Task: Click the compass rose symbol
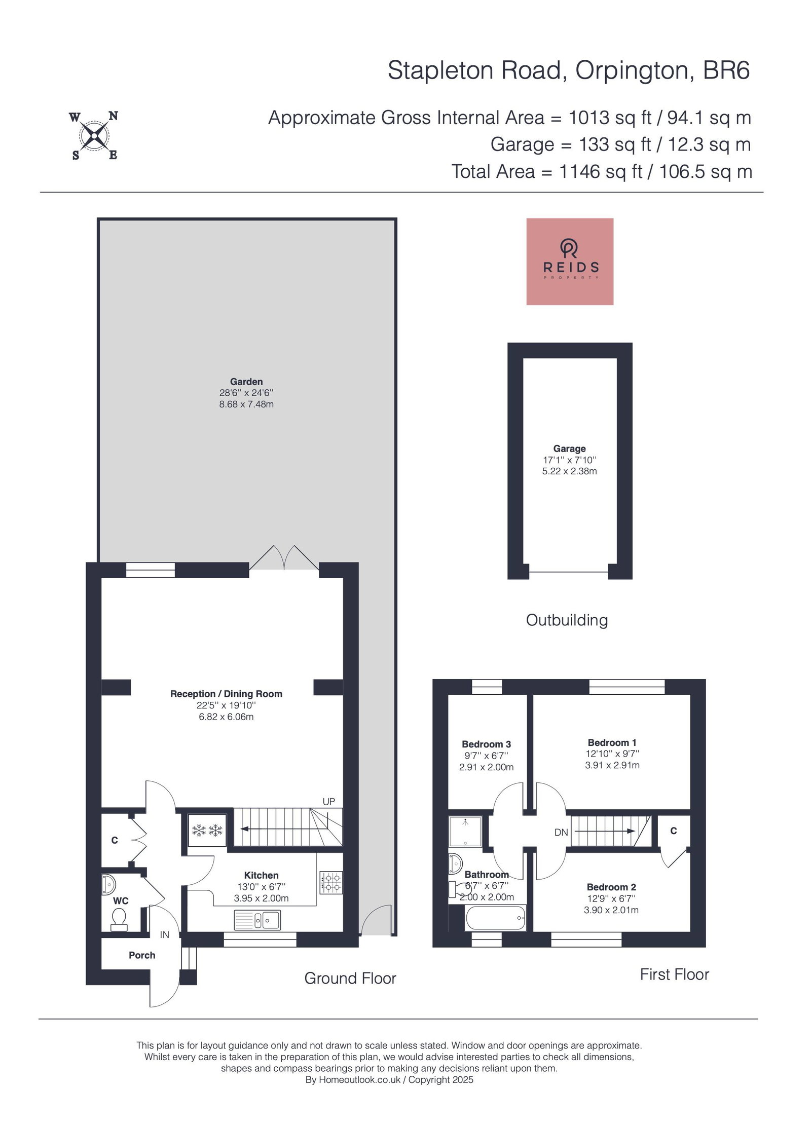pyautogui.click(x=94, y=135)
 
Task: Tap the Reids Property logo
pyautogui.click(x=570, y=261)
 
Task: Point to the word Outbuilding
pyautogui.click(x=567, y=620)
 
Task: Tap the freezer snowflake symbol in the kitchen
pyautogui.click(x=207, y=831)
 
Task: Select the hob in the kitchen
pyautogui.click(x=331, y=882)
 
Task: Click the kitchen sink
pyautogui.click(x=257, y=919)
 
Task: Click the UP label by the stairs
pyautogui.click(x=329, y=802)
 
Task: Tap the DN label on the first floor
pyautogui.click(x=561, y=832)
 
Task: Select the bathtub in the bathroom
pyautogui.click(x=495, y=918)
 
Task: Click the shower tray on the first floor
pyautogui.click(x=465, y=831)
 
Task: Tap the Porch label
pyautogui.click(x=142, y=955)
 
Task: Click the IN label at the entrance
pyautogui.click(x=165, y=934)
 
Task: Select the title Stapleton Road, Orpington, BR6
pyautogui.click(x=569, y=70)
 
